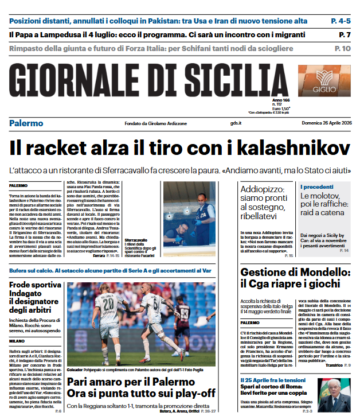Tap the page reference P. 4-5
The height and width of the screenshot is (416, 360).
(341, 21)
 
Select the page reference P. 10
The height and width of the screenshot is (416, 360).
(342, 49)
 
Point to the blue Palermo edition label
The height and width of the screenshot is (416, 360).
(26, 123)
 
